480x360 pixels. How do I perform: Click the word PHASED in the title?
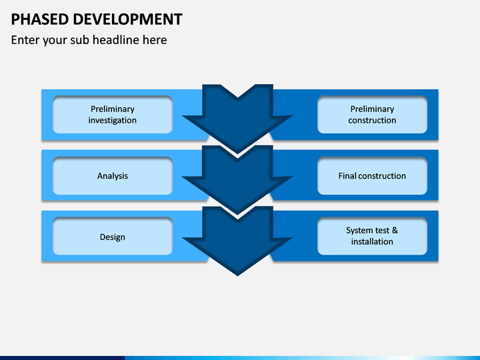40,19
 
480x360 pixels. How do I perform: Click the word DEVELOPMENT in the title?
127,19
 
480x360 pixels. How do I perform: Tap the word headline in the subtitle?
116,40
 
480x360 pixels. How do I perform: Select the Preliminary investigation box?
113,115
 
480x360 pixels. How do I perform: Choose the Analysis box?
113,176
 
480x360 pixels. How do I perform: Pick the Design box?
113,237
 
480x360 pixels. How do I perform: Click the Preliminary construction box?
372,115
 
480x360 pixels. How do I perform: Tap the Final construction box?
372,176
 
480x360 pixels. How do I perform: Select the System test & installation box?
372,236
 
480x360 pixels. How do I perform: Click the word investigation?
113,120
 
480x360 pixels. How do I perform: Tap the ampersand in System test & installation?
395,230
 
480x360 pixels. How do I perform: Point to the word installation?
372,241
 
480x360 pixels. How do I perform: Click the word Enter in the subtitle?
25,40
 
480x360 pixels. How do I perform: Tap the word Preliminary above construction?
372,109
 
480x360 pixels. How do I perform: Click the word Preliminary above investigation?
113,109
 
